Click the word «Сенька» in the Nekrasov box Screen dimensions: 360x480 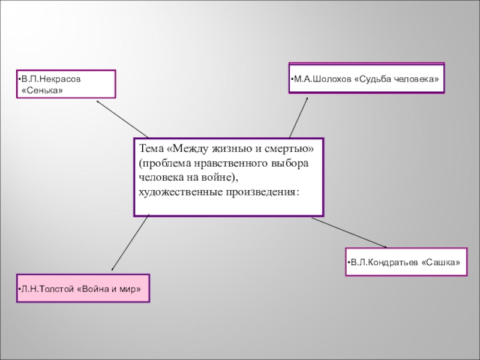pos(42,90)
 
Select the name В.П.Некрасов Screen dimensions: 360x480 pos(50,79)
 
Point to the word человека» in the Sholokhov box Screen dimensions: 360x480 pos(418,79)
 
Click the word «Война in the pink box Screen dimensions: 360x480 pos(94,289)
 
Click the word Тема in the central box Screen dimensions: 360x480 pos(151,148)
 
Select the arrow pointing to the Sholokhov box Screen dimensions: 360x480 pos(299,116)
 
